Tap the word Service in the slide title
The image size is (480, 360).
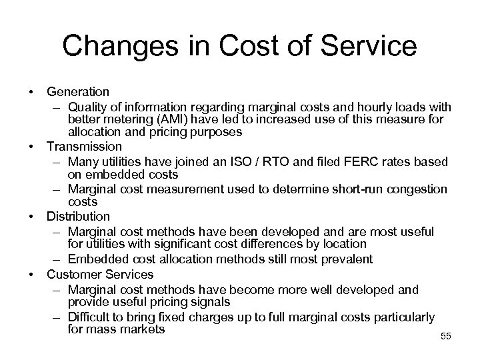[x=365, y=47]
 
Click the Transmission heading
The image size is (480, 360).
[x=84, y=145]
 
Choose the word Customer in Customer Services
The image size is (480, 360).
[x=71, y=273]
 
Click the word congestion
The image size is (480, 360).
[x=419, y=189]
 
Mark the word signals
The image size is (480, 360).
[x=213, y=301]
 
